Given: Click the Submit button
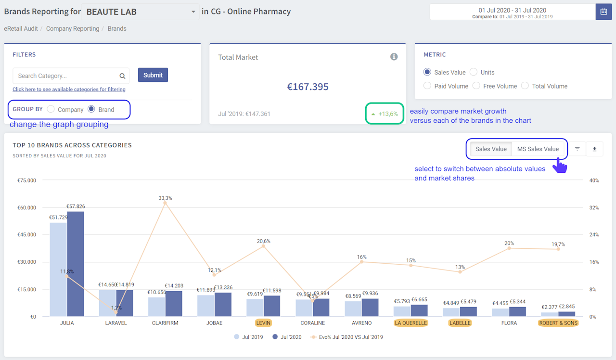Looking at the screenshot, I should pyautogui.click(x=153, y=75).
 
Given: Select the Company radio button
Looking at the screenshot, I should pyautogui.click(x=51, y=109).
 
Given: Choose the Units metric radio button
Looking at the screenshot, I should pyautogui.click(x=474, y=72).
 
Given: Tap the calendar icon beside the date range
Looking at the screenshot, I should pyautogui.click(x=603, y=12).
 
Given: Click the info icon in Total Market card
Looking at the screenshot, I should pyautogui.click(x=394, y=57).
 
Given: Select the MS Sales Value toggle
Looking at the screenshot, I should pyautogui.click(x=538, y=149).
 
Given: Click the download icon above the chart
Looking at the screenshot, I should pyautogui.click(x=594, y=149).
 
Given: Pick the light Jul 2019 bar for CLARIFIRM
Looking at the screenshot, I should pyautogui.click(x=156, y=307).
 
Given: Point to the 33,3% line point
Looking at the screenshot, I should pyautogui.click(x=165, y=203).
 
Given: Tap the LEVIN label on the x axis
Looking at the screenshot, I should pyautogui.click(x=263, y=323).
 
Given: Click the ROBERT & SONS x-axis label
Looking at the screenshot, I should pyautogui.click(x=558, y=323).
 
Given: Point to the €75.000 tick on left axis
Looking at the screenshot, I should pyautogui.click(x=27, y=180).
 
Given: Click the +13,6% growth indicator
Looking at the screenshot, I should pyautogui.click(x=385, y=114).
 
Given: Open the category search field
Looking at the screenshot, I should pyautogui.click(x=67, y=76).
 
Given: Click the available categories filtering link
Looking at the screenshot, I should pyautogui.click(x=69, y=90).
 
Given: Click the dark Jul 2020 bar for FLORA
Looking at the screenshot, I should pyautogui.click(x=518, y=311).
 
